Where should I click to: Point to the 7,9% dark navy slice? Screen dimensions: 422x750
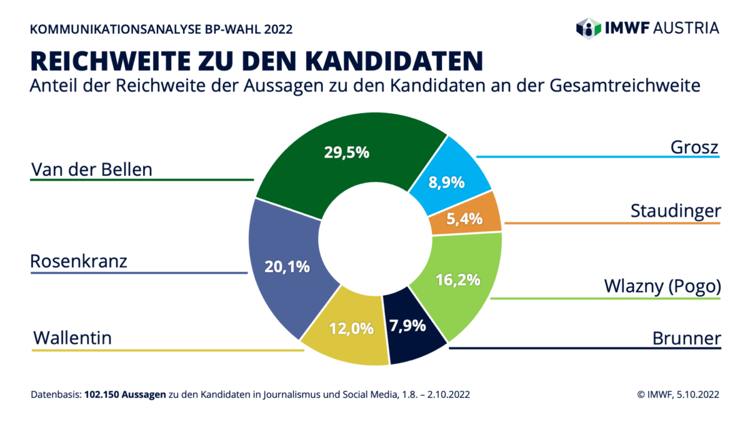407,326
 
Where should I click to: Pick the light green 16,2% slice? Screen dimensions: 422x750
459,279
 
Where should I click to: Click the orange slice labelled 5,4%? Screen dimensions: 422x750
464,219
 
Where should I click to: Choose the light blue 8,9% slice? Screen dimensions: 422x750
446,182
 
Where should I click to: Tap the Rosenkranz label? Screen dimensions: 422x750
79,261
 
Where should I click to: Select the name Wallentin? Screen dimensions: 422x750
72,338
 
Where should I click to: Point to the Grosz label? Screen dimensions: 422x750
694,148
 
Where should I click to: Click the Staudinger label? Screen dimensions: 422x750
675,212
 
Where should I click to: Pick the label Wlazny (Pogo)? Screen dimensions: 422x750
662,286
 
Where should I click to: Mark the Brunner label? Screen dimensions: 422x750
686,339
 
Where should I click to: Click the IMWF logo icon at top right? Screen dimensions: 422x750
588,28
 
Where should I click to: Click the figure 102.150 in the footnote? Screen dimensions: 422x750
102,394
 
